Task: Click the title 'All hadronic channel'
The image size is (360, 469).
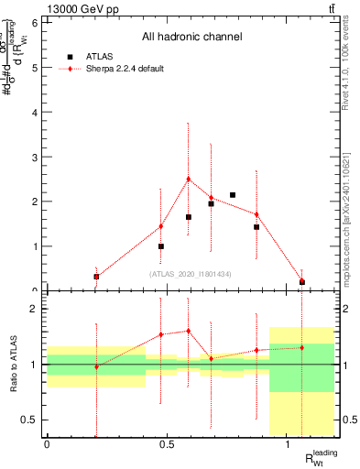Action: [x=191, y=38]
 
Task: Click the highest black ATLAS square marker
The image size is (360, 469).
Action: [x=233, y=195]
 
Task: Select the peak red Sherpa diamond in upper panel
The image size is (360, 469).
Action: [x=188, y=180]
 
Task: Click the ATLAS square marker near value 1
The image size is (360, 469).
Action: [x=161, y=246]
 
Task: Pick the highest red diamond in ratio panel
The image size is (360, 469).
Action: [x=188, y=331]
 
